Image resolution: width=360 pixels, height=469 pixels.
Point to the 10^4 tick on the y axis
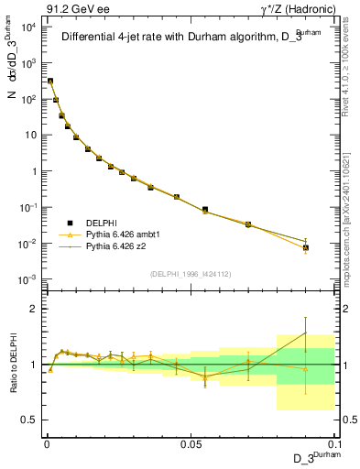tap(28, 27)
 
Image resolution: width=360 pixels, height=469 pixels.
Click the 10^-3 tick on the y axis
tap(28, 279)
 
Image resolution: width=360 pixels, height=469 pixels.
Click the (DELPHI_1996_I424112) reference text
tap(189, 272)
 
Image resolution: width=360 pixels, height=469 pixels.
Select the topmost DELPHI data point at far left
tap(50, 82)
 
